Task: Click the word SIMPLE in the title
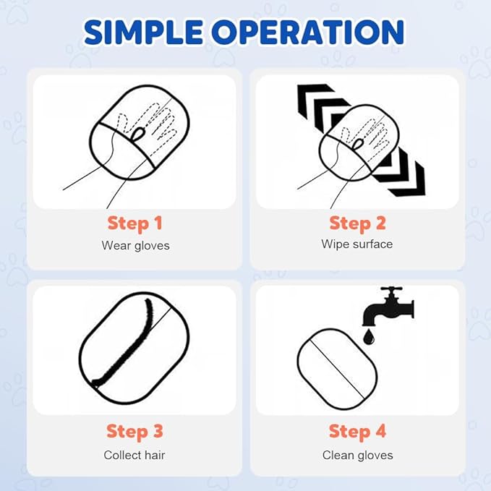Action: pyautogui.click(x=143, y=33)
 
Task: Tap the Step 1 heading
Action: pyautogui.click(x=135, y=223)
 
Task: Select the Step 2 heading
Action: pyautogui.click(x=357, y=223)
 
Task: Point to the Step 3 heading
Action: pyautogui.click(x=135, y=432)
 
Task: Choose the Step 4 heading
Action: pyautogui.click(x=358, y=432)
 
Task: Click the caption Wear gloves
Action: pyautogui.click(x=136, y=246)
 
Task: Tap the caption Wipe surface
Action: pyautogui.click(x=357, y=244)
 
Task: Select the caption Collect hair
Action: pyautogui.click(x=135, y=455)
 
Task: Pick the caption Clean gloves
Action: pyautogui.click(x=358, y=456)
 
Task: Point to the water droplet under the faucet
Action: pyautogui.click(x=369, y=337)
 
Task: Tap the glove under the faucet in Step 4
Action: pyautogui.click(x=337, y=370)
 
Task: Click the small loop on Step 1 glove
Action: pyautogui.click(x=139, y=134)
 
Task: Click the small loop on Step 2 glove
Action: pyautogui.click(x=358, y=144)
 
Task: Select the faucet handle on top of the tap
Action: pyautogui.click(x=391, y=289)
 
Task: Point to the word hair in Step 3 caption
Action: pyautogui.click(x=153, y=455)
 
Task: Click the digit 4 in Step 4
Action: pyautogui.click(x=380, y=431)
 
